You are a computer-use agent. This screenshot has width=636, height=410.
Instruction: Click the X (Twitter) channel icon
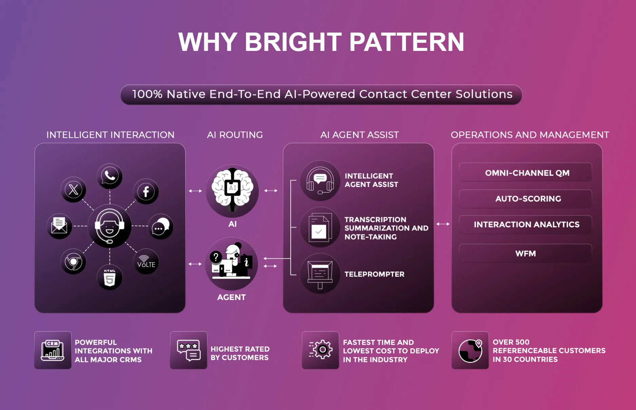pyautogui.click(x=73, y=190)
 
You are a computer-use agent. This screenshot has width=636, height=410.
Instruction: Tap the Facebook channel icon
pyautogui.click(x=146, y=192)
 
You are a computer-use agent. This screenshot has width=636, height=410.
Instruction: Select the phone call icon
pyautogui.click(x=110, y=176)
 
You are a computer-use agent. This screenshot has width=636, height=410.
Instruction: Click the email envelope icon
pyautogui.click(x=59, y=226)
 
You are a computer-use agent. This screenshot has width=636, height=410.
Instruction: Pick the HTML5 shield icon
pyautogui.click(x=110, y=278)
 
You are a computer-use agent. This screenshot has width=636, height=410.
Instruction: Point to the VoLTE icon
pyautogui.click(x=146, y=262)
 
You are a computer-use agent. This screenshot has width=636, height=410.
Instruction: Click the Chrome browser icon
pyautogui.click(x=73, y=262)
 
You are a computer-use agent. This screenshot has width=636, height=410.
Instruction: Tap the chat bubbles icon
pyautogui.click(x=160, y=227)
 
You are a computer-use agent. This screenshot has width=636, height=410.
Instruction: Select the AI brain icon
pyautogui.click(x=232, y=191)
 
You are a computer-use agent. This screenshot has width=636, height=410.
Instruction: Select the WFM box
pyautogui.click(x=526, y=254)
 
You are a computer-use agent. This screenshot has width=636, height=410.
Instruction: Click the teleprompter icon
pyautogui.click(x=320, y=274)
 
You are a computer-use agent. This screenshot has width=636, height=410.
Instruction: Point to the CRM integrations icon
pyautogui.click(x=53, y=350)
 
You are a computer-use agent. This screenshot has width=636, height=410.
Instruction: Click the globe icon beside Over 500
pyautogui.click(x=470, y=350)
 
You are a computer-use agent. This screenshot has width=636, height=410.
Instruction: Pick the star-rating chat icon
pyautogui.click(x=189, y=350)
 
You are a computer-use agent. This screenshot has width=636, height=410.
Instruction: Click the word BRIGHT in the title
pyautogui.click(x=293, y=42)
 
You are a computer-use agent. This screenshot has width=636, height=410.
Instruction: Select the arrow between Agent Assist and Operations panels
pyautogui.click(x=443, y=224)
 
